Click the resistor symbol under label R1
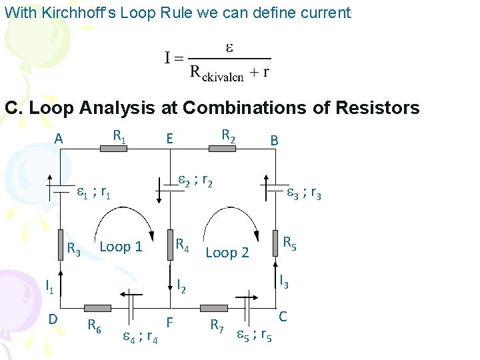(113, 149)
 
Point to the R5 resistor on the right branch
(273, 243)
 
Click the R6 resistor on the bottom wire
(98, 308)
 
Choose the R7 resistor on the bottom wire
(213, 308)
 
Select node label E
(170, 139)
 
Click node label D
(52, 319)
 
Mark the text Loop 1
(121, 247)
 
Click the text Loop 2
(227, 252)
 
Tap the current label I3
(284, 281)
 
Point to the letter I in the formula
(169, 58)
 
